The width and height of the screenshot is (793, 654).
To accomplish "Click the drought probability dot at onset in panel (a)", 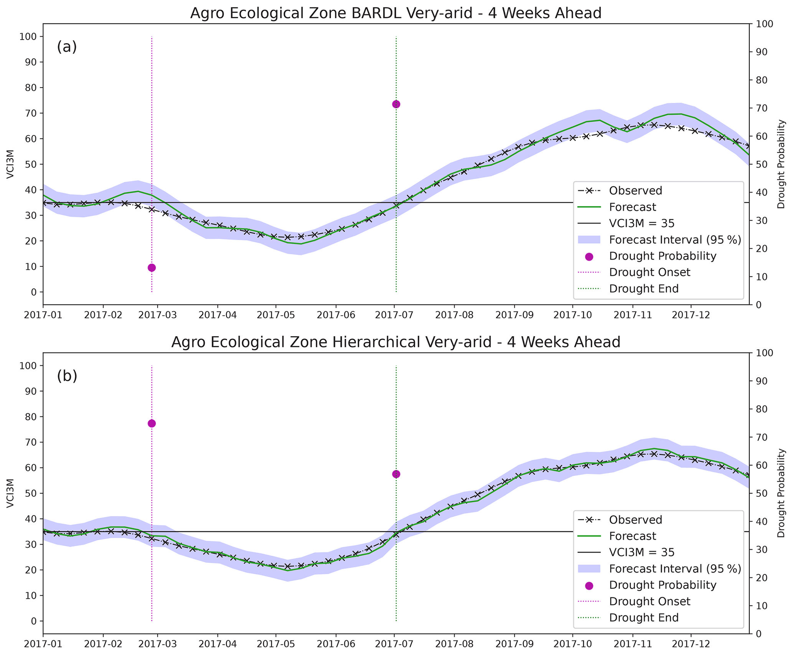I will pyautogui.click(x=152, y=268).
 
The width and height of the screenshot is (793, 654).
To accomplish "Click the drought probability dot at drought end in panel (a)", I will pyautogui.click(x=396, y=104).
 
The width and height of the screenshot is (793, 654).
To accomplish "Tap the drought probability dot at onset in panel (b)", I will pyautogui.click(x=152, y=423).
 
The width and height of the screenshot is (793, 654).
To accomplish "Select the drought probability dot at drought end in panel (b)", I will pyautogui.click(x=396, y=474).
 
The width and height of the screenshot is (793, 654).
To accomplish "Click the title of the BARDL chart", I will pyautogui.click(x=396, y=13).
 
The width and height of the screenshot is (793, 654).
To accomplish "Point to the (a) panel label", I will pyautogui.click(x=67, y=47).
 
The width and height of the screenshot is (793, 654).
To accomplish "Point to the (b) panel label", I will pyautogui.click(x=67, y=376).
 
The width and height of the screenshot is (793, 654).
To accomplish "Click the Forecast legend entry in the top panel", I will pyautogui.click(x=632, y=207).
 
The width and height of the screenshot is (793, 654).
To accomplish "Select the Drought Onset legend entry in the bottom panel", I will pyautogui.click(x=649, y=601).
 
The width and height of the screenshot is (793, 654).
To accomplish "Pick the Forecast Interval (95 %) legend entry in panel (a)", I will pyautogui.click(x=674, y=240).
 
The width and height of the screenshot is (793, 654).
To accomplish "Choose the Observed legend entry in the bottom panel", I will pyautogui.click(x=635, y=520).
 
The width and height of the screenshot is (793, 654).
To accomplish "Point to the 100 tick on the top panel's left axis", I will pyautogui.click(x=31, y=37).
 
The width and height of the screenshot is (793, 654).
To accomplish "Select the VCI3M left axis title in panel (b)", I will pyautogui.click(x=11, y=493).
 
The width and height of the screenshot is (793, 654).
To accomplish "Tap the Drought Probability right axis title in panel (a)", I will pyautogui.click(x=781, y=164).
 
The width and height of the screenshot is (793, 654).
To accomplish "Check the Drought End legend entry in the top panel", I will pyautogui.click(x=643, y=289).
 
